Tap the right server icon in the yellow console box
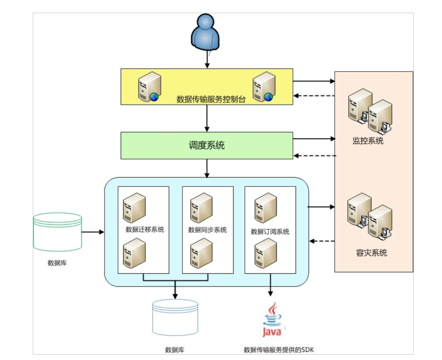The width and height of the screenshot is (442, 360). coord(264,86)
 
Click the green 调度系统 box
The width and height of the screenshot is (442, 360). coord(207,145)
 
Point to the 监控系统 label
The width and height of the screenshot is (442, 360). coord(368,141)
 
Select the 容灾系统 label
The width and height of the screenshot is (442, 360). coord(371,253)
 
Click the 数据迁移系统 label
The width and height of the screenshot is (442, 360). coord(144,229)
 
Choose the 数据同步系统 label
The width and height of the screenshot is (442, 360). coord(207,230)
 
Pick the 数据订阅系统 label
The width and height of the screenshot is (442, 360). coord(270,232)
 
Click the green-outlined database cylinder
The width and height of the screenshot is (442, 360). coord(57,232)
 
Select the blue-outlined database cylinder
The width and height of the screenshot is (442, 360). coord(175,318)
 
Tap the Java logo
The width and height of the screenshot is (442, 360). coord(271,320)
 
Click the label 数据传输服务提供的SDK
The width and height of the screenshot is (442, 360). coord(280,350)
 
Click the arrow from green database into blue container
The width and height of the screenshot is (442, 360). coord(93,232)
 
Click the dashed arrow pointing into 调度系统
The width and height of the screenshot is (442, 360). coord(314,156)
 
